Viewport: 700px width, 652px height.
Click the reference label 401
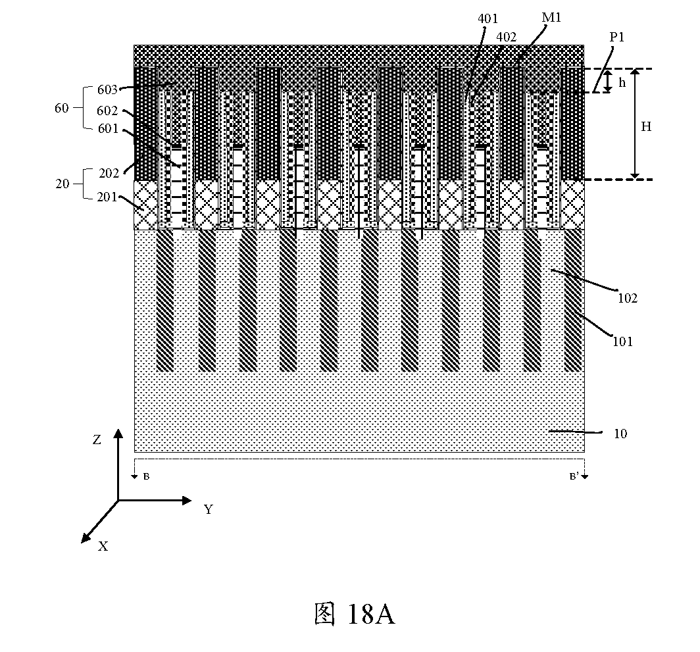(x=488, y=18)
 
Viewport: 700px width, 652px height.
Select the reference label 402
(x=507, y=37)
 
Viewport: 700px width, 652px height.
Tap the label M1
(x=551, y=17)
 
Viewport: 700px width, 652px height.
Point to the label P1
(x=617, y=37)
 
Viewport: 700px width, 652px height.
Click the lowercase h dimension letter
(x=622, y=82)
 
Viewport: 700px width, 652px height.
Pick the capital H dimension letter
(x=646, y=127)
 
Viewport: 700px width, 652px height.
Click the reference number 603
(x=107, y=89)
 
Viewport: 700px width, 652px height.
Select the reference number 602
(x=107, y=111)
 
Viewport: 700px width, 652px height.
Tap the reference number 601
(x=108, y=128)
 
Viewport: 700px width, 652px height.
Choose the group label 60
(x=62, y=108)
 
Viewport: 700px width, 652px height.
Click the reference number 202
(x=109, y=173)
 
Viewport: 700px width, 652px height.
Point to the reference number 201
(x=107, y=197)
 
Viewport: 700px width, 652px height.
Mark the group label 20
(x=63, y=184)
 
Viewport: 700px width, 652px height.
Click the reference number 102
(x=627, y=298)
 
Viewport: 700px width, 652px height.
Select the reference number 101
(x=623, y=341)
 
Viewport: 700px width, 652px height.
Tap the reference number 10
(x=620, y=434)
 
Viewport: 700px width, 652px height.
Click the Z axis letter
(x=97, y=440)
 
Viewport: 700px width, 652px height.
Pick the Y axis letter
(x=209, y=509)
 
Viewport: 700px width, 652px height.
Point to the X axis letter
(x=103, y=546)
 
